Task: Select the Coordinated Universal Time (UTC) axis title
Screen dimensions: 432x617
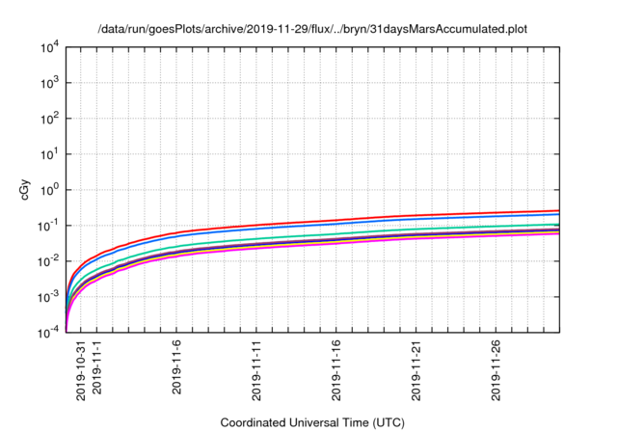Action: (311, 422)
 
